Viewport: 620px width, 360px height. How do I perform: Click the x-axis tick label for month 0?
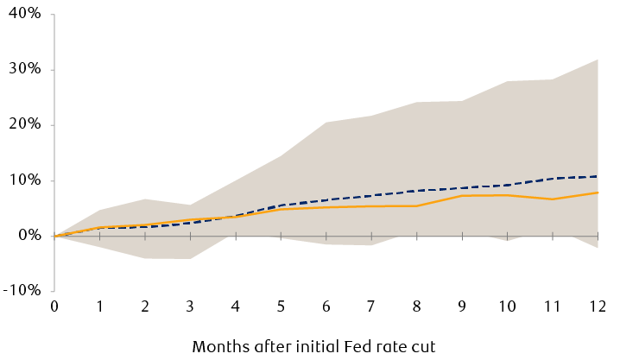click(x=54, y=306)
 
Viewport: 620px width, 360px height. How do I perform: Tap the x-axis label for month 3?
click(x=191, y=306)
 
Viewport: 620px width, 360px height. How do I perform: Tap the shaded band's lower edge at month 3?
click(x=191, y=258)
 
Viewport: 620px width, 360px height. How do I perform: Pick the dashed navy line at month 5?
click(x=282, y=205)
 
